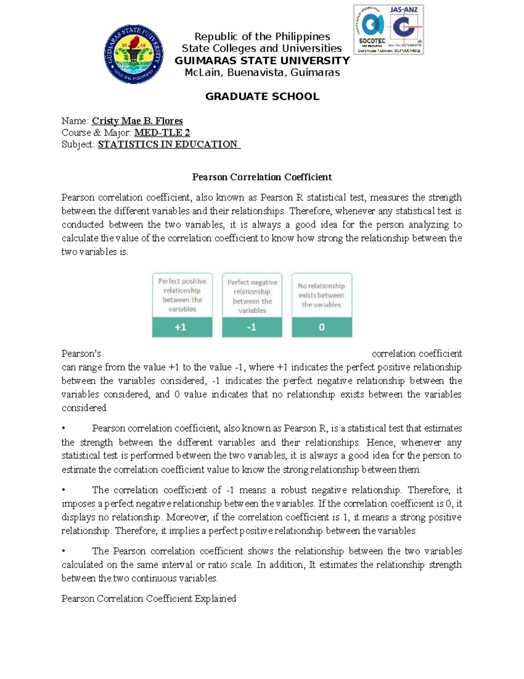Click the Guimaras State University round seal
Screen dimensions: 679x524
click(x=134, y=54)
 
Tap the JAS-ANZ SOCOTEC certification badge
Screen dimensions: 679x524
click(x=388, y=29)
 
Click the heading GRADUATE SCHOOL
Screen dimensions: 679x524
click(x=262, y=97)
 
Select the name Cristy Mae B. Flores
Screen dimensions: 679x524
click(x=137, y=121)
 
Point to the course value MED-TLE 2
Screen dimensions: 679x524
click(x=162, y=133)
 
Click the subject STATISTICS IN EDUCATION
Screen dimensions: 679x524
click(x=168, y=145)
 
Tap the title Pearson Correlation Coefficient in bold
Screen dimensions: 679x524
click(x=262, y=177)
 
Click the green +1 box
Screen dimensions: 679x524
click(x=182, y=327)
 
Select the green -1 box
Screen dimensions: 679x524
click(x=252, y=327)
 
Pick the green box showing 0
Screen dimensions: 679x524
click(x=322, y=327)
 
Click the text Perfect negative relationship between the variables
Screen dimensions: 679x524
click(x=252, y=296)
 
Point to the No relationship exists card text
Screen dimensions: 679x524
click(x=322, y=295)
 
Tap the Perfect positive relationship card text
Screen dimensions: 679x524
click(x=182, y=295)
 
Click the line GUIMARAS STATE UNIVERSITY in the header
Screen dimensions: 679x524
click(x=262, y=61)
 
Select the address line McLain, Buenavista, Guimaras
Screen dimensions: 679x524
click(x=262, y=73)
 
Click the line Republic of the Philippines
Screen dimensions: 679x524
click(x=262, y=37)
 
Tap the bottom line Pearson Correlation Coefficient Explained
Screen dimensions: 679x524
click(x=148, y=599)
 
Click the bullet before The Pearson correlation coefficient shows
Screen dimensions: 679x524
click(x=64, y=552)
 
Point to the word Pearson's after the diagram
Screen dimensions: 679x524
click(x=81, y=354)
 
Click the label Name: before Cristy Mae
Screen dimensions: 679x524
click(x=75, y=121)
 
